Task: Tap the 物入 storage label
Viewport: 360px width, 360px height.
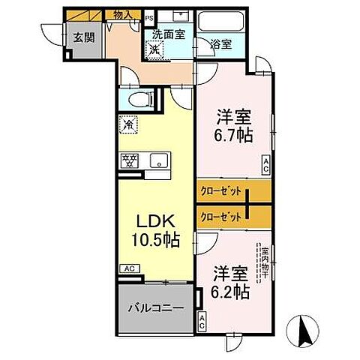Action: tap(124, 14)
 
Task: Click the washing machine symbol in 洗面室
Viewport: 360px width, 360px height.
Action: tap(155, 49)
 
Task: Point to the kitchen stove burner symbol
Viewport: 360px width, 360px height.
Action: tap(128, 159)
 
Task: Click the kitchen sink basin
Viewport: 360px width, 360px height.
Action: tap(158, 160)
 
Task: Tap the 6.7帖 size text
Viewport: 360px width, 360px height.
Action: tap(232, 136)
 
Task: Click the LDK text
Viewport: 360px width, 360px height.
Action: tap(154, 223)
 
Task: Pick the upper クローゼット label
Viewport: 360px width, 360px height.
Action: tap(221, 191)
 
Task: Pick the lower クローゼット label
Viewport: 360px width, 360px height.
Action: tap(221, 217)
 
